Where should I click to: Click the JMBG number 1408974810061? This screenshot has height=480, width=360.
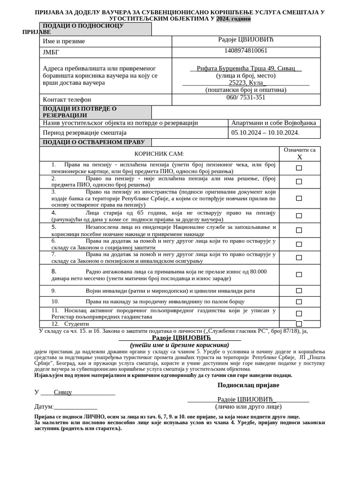pyautogui.click(x=246, y=51)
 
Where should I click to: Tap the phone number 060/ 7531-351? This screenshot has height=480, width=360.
pyautogui.click(x=246, y=97)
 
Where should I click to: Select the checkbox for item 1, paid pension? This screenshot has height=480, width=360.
pyautogui.click(x=299, y=168)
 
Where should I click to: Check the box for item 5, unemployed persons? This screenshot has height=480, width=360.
pyautogui.click(x=299, y=230)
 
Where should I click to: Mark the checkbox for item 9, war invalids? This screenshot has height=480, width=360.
pyautogui.click(x=299, y=291)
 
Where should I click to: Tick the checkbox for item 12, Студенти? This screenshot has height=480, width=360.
pyautogui.click(x=299, y=323)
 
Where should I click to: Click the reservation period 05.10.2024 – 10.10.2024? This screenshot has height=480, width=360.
pyautogui.click(x=265, y=133)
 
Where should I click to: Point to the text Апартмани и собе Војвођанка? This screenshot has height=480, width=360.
pyautogui.click(x=274, y=123)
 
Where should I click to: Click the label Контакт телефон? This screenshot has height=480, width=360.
pyautogui.click(x=67, y=99)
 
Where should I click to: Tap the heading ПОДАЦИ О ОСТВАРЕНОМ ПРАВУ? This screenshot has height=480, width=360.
pyautogui.click(x=94, y=142)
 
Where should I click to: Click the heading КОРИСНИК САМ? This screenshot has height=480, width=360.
pyautogui.click(x=159, y=154)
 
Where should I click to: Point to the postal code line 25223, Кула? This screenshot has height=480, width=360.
pyautogui.click(x=246, y=82)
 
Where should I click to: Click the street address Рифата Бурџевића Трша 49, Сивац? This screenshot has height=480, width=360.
pyautogui.click(x=246, y=68)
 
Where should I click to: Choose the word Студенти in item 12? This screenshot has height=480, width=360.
pyautogui.click(x=76, y=324)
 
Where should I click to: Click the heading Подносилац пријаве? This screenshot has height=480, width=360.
pyautogui.click(x=248, y=385)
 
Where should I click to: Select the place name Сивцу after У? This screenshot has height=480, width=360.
pyautogui.click(x=63, y=392)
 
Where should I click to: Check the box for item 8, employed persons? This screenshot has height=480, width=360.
pyautogui.click(x=299, y=275)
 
